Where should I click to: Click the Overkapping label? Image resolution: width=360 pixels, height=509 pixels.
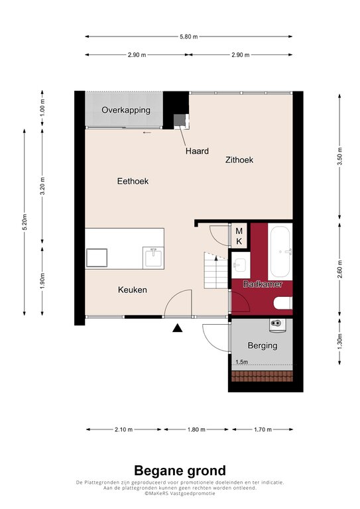click(x=125, y=110)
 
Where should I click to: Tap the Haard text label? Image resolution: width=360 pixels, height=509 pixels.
click(x=197, y=151)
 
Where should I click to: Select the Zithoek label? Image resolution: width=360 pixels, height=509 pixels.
click(x=239, y=160)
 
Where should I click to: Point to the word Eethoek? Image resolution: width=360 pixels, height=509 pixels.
click(x=133, y=181)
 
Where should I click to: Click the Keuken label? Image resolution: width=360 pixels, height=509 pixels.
click(x=133, y=290)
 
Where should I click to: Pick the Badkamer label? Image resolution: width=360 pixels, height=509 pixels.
click(x=263, y=284)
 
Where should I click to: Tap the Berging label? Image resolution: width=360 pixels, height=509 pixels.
click(x=263, y=345)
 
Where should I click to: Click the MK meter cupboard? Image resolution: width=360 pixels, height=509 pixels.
click(x=239, y=236)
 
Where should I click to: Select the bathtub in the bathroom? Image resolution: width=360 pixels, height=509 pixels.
click(x=280, y=252)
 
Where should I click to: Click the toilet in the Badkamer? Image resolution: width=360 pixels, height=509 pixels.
click(x=283, y=303)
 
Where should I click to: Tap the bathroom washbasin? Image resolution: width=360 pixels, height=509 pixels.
click(x=240, y=265)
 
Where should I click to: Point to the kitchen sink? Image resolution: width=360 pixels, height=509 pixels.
click(x=154, y=256)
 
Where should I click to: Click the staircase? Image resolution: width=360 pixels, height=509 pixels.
click(x=215, y=270)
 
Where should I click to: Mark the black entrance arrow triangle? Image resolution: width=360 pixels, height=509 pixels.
click(x=177, y=328)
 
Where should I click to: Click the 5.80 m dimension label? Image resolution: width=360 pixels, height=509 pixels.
click(x=188, y=36)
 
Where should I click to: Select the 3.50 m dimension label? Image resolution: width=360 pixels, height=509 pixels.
click(x=339, y=156)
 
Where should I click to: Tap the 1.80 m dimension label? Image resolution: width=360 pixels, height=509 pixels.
click(x=196, y=429)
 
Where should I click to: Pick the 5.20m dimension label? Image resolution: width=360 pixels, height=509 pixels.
click(x=25, y=222)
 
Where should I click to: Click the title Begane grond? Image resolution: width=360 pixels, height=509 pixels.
click(x=180, y=471)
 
